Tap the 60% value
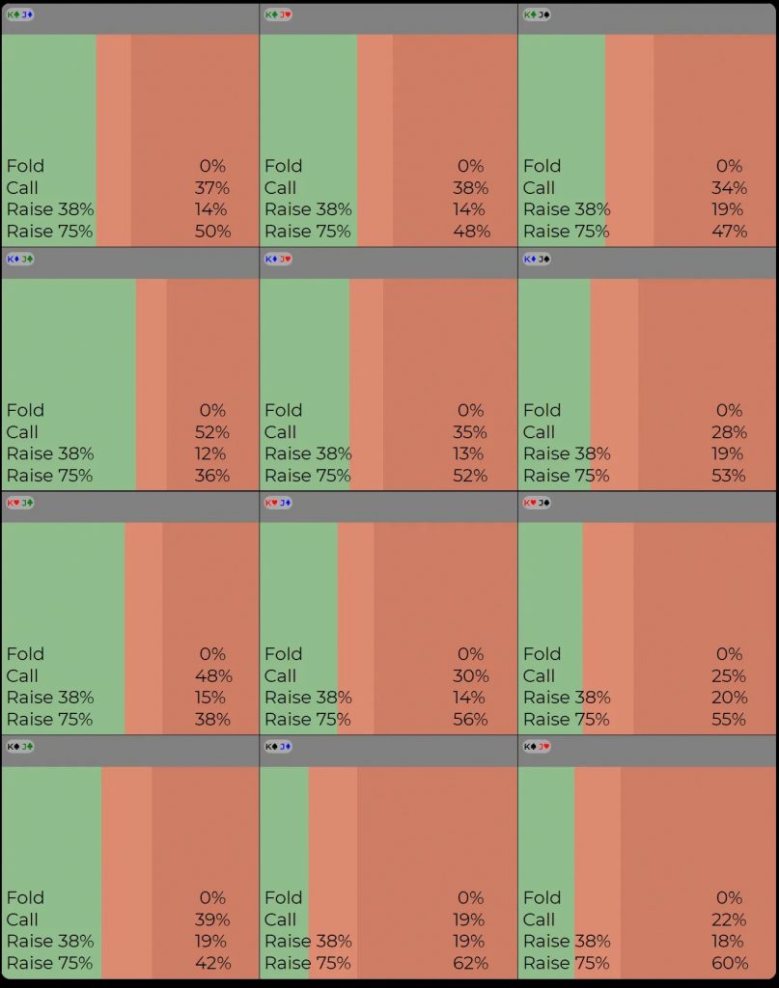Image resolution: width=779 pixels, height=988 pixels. click(731, 963)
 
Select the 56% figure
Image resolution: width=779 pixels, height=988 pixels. click(472, 719)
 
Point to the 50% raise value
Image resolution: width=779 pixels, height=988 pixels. click(212, 231)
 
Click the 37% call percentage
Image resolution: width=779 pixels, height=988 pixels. click(212, 187)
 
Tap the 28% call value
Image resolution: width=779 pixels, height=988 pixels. click(729, 431)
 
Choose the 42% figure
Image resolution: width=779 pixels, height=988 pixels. click(212, 963)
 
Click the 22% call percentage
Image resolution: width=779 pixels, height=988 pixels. click(729, 919)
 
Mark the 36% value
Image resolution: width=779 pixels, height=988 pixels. click(212, 475)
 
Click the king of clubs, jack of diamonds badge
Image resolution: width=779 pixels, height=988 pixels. click(20, 14)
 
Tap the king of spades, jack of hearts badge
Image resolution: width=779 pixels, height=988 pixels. click(537, 747)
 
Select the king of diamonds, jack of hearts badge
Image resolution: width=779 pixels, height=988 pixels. click(278, 259)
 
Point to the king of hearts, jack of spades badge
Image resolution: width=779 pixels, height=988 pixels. click(537, 503)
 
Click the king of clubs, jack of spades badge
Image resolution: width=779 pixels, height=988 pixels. click(537, 14)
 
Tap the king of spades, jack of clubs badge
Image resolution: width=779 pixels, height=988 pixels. click(20, 747)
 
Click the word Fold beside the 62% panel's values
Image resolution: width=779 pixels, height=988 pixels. click(283, 897)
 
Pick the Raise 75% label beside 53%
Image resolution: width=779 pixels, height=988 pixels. click(566, 475)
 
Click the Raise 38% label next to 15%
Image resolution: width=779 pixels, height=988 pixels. click(50, 698)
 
